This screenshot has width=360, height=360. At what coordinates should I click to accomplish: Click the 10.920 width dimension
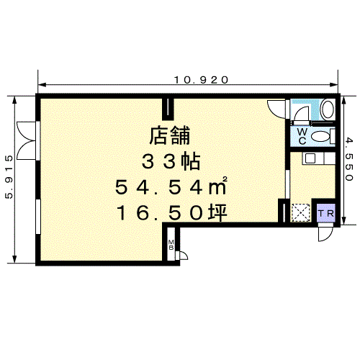click(201, 80)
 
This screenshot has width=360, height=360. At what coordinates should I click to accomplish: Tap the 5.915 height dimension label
click(9, 177)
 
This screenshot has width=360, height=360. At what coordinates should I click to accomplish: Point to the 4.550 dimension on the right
click(349, 159)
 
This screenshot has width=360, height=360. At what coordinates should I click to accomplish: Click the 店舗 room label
click(170, 135)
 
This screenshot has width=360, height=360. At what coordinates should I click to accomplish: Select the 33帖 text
click(171, 161)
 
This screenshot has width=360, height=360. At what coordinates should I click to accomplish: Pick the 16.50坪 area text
click(171, 212)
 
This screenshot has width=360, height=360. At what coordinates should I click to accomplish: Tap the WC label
click(302, 136)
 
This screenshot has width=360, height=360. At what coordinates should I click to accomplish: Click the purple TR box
click(326, 213)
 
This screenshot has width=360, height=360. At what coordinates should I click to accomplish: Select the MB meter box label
click(171, 245)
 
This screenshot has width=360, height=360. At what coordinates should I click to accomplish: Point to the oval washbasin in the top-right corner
click(328, 109)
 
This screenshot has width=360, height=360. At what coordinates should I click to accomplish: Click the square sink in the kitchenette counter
click(310, 158)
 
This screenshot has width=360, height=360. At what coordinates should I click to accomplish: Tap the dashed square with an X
click(301, 212)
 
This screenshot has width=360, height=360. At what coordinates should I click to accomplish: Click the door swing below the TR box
click(325, 233)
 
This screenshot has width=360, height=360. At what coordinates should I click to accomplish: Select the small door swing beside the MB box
click(181, 256)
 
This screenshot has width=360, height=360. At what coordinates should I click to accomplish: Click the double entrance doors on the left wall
click(27, 140)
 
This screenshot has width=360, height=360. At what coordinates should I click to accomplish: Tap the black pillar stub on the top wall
click(168, 109)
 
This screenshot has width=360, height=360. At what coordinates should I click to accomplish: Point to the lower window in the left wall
click(38, 217)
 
